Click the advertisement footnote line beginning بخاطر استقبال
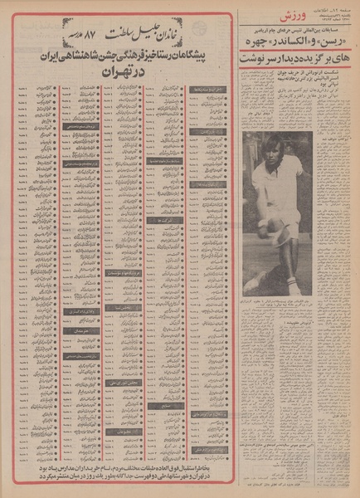point(117,474)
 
